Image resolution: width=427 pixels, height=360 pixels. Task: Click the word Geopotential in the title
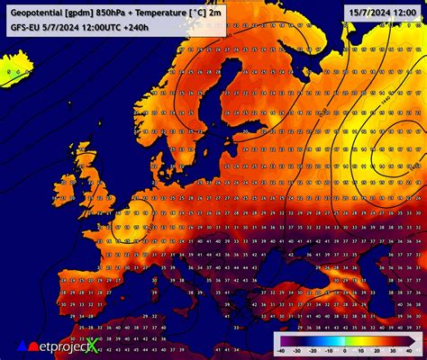pos(35,11)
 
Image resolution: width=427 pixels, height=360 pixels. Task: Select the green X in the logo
pos(92,345)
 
